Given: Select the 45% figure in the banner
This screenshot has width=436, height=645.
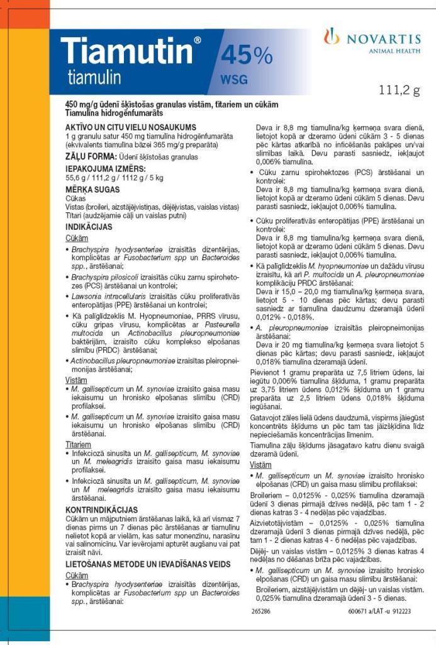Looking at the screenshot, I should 246,57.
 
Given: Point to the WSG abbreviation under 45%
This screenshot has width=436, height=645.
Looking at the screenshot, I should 233,80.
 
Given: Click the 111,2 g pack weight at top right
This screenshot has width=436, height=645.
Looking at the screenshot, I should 399,90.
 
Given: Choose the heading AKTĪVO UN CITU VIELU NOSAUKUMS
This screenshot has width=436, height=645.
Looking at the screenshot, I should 131,127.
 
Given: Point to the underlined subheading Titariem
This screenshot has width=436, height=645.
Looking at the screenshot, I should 78,445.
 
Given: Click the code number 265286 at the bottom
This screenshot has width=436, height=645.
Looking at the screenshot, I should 260,611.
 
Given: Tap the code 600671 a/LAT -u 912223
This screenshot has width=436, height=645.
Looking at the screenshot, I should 379,611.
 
